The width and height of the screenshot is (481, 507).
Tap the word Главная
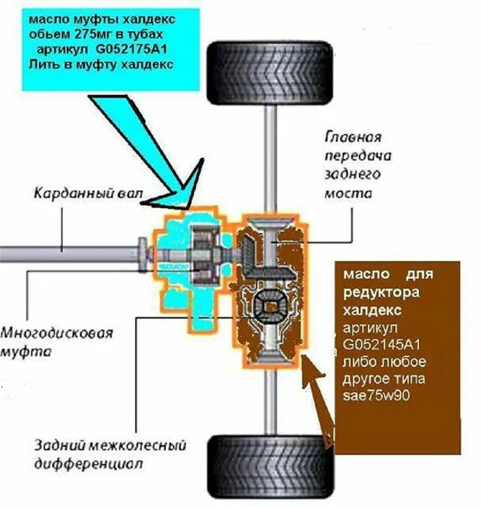click(354, 138)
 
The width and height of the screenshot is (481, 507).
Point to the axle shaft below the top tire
click(269, 158)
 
